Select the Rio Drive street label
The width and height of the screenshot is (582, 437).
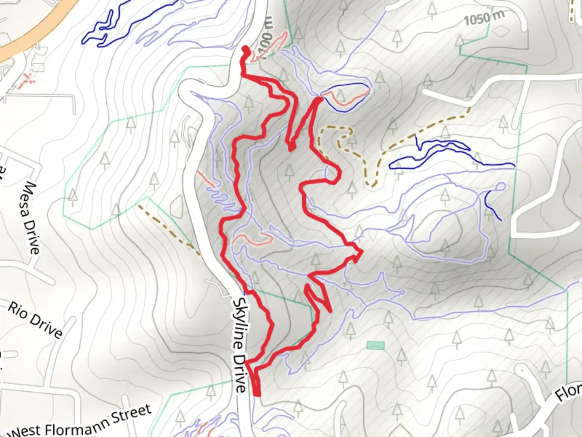point(36,320)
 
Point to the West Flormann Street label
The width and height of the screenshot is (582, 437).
point(81,423)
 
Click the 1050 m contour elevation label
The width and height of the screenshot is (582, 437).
point(484,18)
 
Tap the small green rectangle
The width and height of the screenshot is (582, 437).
point(375,346)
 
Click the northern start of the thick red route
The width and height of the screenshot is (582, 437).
point(245,49)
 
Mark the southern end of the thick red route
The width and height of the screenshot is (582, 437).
point(257,393)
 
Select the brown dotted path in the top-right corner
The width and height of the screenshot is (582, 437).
point(572,10)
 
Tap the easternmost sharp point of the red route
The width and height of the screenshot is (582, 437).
point(361,252)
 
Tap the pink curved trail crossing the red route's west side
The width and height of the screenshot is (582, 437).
point(253,237)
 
